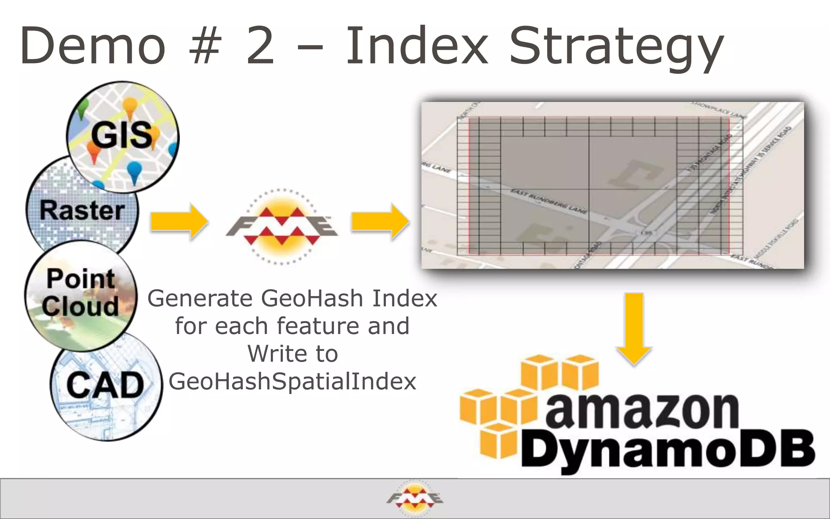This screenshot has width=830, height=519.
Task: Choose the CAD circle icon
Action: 106,385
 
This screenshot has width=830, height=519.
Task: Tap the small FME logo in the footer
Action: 415,498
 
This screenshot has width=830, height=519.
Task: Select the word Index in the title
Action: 417,45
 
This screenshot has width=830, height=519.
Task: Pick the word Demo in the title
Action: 93,45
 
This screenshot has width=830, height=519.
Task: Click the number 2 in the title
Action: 260,45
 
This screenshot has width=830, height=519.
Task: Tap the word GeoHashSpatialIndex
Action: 292,382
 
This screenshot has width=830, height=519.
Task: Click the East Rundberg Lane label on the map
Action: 548,201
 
